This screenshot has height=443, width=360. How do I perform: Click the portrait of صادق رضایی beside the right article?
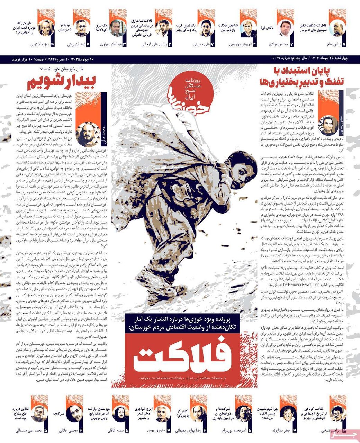(327, 125)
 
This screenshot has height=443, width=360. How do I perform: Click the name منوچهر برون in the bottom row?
(156, 431)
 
